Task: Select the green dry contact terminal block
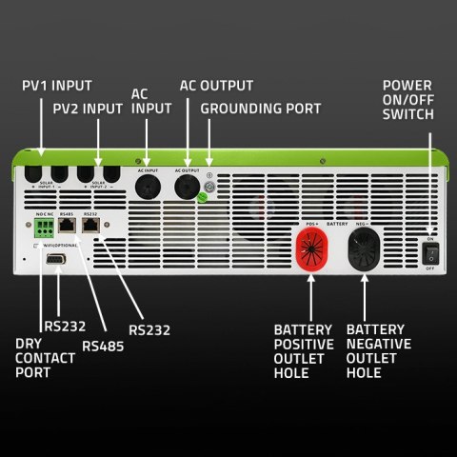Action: click(44, 229)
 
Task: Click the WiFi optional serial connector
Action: click(57, 261)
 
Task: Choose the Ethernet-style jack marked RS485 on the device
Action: click(67, 229)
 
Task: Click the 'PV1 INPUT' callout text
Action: click(58, 86)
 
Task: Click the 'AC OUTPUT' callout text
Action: click(215, 85)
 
